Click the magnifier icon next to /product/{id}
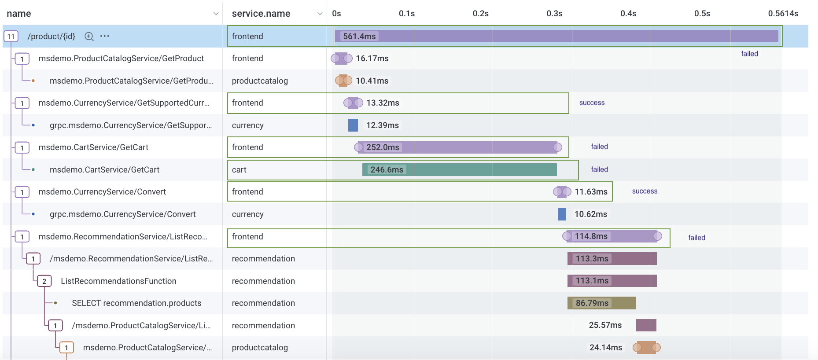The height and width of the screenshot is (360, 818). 89,37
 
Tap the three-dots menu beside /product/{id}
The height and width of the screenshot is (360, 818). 105,36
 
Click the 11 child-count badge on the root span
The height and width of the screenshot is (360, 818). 11,37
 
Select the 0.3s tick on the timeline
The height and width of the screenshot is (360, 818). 554,14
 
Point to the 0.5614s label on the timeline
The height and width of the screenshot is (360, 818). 783,14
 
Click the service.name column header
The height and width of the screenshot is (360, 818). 261,14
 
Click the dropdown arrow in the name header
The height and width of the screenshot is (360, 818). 216,14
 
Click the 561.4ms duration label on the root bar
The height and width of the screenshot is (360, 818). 359,37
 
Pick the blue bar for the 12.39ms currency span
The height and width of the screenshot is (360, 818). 353,125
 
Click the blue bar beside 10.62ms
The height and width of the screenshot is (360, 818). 562,214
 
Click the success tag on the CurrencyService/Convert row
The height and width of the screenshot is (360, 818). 645,191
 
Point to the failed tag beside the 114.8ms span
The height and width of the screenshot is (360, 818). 696,238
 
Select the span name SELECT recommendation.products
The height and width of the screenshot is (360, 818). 136,303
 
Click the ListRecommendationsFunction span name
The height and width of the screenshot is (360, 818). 118,281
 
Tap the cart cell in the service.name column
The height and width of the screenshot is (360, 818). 239,169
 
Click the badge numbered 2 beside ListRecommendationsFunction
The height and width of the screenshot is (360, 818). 44,281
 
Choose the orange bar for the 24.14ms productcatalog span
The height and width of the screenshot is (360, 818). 646,348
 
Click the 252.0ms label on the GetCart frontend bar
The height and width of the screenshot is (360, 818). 383,147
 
